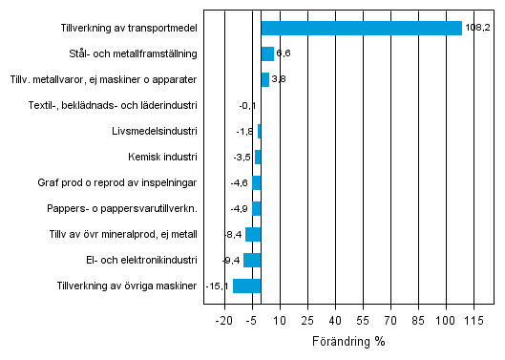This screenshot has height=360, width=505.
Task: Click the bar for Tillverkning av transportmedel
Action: (x=361, y=28)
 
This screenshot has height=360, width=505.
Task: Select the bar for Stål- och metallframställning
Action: (x=267, y=53)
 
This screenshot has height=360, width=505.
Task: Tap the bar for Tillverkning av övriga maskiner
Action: (x=247, y=286)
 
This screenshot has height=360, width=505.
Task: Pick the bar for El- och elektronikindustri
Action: (x=252, y=260)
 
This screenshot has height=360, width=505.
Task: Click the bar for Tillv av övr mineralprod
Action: (x=253, y=234)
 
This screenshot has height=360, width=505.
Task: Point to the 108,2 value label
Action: (x=476, y=28)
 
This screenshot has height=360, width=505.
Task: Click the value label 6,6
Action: (x=284, y=53)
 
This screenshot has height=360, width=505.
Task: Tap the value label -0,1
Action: (x=247, y=105)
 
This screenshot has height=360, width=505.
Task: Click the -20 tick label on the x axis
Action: (x=224, y=321)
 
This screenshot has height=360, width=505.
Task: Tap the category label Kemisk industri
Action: (x=162, y=157)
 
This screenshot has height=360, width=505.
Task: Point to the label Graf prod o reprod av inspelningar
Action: (x=119, y=182)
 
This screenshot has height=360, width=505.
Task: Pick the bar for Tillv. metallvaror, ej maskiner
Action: (x=265, y=79)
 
